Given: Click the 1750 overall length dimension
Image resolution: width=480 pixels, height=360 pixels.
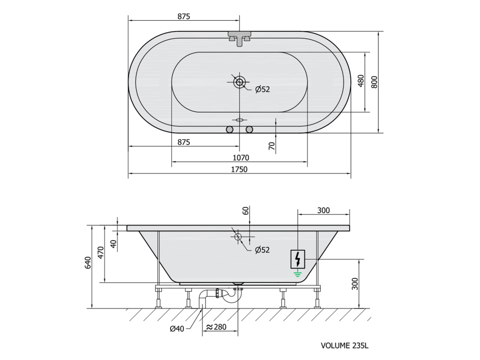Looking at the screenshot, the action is (239, 169).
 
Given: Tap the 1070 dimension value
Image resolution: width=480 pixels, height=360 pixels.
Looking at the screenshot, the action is (241, 157).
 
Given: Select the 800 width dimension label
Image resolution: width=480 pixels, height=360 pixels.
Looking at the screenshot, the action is (374, 82).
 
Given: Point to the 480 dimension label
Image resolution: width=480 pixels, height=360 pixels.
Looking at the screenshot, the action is (361, 81).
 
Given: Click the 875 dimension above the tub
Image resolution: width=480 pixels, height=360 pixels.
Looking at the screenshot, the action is (184, 16).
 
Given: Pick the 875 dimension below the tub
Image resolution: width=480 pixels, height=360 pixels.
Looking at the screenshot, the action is (184, 142).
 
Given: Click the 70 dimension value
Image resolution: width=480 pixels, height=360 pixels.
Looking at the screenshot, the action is (271, 146).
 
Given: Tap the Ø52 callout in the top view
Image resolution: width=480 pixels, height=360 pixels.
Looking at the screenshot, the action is (262, 89).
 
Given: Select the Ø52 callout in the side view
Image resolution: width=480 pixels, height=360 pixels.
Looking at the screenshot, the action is (262, 250).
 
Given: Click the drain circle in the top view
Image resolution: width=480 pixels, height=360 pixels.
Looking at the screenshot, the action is (240, 82).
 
